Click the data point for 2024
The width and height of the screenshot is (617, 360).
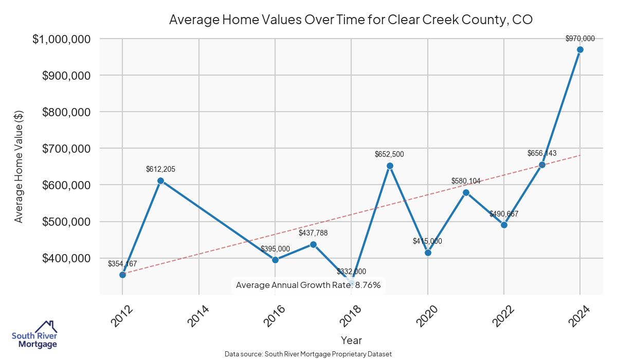tap(580, 50)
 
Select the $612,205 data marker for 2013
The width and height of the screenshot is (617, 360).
tap(160, 181)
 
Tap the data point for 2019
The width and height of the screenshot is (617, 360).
tap(390, 166)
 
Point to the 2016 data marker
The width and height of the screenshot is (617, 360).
tap(275, 260)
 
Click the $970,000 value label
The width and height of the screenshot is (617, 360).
tap(580, 39)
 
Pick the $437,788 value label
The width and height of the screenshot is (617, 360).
tap(313, 233)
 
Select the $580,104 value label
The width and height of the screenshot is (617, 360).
tap(466, 181)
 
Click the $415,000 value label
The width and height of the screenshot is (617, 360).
tap(427, 241)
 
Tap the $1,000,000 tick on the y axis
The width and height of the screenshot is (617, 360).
tap(54, 39)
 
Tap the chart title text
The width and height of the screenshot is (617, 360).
tap(351, 20)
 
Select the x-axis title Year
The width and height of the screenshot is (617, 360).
tap(351, 340)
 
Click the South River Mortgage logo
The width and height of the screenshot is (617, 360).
tap(34, 335)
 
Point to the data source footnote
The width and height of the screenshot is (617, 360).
tap(308, 354)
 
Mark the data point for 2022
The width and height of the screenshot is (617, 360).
tap(504, 225)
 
